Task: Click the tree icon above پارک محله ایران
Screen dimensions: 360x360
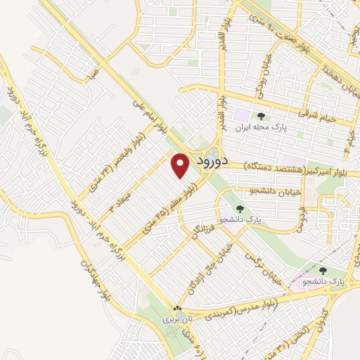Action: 261,117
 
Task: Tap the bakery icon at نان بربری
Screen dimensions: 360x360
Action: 178,309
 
